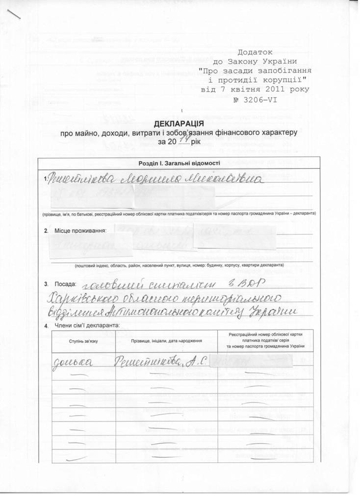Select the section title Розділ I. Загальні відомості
(180, 163)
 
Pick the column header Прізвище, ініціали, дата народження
(166, 341)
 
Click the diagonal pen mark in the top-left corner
(15, 14)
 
